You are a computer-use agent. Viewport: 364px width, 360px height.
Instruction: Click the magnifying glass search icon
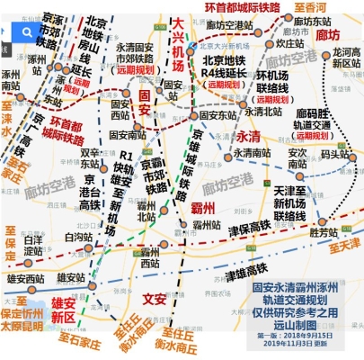[x=27, y=32]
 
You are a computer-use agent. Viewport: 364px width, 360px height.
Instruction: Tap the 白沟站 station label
[x=79, y=237]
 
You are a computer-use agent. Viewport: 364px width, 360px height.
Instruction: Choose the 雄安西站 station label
[x=25, y=278]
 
